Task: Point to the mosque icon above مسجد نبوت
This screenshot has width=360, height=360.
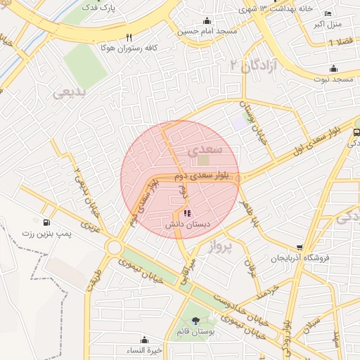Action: (x=333, y=69)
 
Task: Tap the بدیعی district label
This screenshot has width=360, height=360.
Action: (x=69, y=91)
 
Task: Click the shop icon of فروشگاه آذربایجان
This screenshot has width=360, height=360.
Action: (x=300, y=247)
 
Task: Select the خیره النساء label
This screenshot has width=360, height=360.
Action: (x=148, y=350)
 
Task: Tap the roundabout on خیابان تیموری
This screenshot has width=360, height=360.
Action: (x=114, y=247)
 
